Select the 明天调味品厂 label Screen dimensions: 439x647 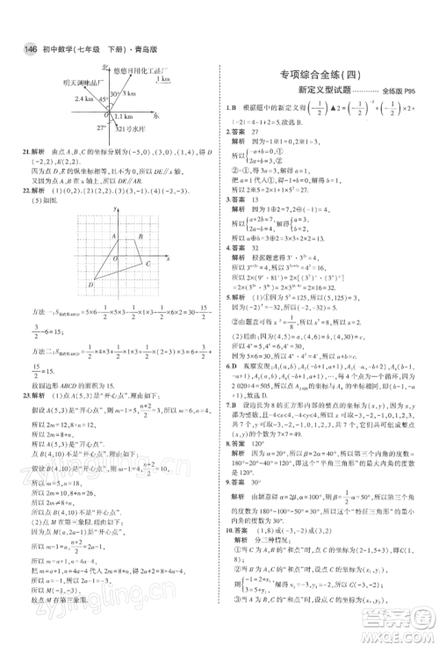click(73, 80)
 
